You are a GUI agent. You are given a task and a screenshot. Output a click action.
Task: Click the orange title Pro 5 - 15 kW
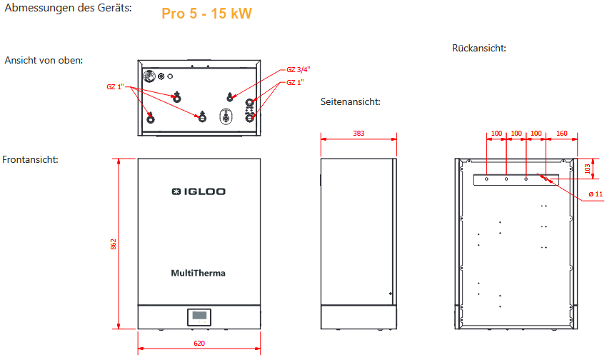[x=206, y=14]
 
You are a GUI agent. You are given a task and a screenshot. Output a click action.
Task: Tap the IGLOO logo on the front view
[x=199, y=191]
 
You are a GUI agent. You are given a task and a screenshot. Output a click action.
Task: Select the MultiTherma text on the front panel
[x=199, y=272]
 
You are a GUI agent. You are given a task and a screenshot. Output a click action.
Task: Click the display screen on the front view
[x=200, y=315]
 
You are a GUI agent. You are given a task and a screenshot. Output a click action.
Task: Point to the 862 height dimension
[x=114, y=244]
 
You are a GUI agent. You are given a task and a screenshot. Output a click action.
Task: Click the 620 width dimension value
[x=199, y=344]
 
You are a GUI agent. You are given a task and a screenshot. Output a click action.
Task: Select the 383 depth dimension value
[x=358, y=133]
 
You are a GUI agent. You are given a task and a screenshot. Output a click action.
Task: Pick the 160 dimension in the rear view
[x=561, y=133]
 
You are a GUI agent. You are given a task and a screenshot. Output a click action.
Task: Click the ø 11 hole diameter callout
[x=595, y=194]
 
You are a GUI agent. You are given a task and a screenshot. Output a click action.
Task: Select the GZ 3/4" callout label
[x=298, y=69]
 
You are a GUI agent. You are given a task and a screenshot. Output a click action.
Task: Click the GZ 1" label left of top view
[x=116, y=87]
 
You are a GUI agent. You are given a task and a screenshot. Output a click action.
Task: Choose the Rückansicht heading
[x=478, y=49]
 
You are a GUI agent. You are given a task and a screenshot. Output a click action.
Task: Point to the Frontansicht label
[x=31, y=159]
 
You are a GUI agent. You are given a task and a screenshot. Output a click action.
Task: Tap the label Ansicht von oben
[x=44, y=60]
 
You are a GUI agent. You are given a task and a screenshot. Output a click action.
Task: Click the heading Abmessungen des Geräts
[x=68, y=9]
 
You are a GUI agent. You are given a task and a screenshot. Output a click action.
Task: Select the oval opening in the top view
[x=226, y=116]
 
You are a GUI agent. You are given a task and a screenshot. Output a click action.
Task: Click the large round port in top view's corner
[x=151, y=77]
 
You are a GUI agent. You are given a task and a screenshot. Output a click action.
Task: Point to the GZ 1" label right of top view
[x=295, y=83]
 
